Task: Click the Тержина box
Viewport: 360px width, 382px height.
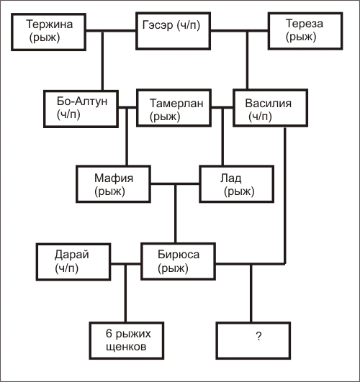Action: point(48,32)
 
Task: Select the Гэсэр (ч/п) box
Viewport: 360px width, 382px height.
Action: point(174,31)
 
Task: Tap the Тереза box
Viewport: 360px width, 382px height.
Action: point(305,31)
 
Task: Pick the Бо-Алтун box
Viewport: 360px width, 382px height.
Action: point(81,109)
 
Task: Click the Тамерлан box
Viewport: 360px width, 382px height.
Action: point(174,108)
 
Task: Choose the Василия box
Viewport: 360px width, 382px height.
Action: point(270,108)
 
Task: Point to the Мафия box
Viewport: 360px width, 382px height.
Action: point(114,184)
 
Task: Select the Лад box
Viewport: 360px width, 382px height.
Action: point(237,184)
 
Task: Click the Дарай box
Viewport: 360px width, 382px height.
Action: point(73,262)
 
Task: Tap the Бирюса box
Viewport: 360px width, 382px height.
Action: point(179,261)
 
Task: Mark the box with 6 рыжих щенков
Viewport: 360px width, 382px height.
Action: point(127,340)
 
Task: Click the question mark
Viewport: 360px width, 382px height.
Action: point(258,336)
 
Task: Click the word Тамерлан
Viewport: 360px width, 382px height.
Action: point(176,103)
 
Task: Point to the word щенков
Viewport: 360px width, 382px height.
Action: point(126,347)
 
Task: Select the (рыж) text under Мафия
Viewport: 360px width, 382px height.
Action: point(109,191)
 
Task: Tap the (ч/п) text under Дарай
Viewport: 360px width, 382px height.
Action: point(67,268)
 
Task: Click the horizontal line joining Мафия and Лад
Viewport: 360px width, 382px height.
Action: point(175,183)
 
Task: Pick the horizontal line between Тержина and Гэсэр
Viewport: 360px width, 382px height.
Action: point(111,31)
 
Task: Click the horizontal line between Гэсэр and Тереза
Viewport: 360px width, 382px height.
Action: point(240,31)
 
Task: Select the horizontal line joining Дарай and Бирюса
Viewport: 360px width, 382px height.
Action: point(126,264)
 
